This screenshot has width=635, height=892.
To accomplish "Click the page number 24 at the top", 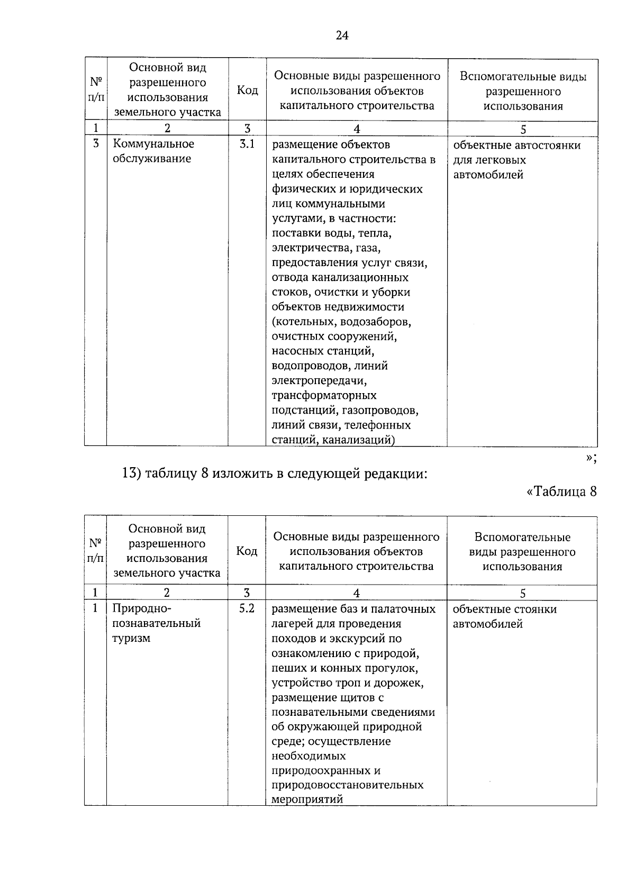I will (342, 35).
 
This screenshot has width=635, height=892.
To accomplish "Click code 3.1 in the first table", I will (247, 144).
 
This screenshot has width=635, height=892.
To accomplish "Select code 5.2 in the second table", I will (247, 608).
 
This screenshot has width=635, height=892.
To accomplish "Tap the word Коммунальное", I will (153, 144).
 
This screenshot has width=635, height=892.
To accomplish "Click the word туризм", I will (131, 638).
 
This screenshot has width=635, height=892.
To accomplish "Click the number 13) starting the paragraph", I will (130, 474).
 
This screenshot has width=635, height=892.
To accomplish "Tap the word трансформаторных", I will (324, 395).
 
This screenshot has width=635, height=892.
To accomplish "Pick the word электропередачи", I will (319, 380).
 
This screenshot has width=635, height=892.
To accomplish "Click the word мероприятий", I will (307, 799).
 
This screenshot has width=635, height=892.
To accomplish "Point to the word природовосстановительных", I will (347, 785).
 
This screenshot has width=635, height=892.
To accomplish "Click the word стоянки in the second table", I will (532, 609).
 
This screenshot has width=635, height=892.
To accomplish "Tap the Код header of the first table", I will (247, 90).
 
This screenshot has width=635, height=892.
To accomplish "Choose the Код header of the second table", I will (247, 551).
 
